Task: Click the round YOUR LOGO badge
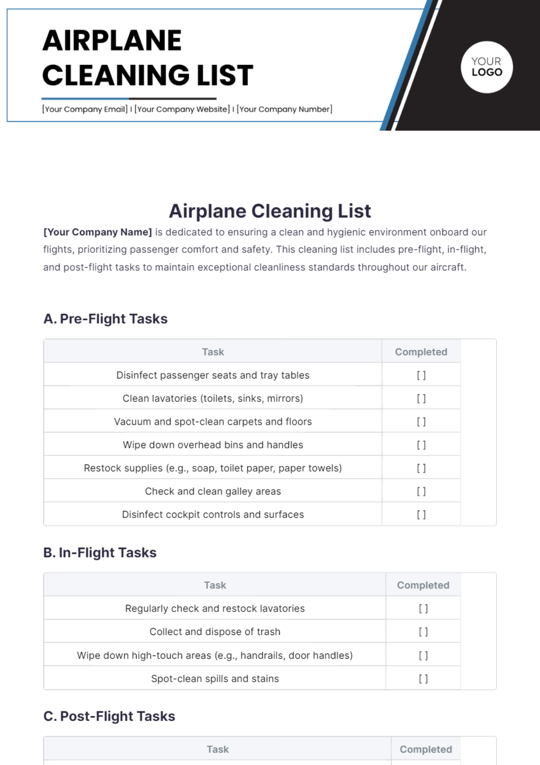(x=486, y=67)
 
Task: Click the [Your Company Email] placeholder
(x=85, y=109)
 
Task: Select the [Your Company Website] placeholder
(x=182, y=109)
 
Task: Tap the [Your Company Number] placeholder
(x=284, y=109)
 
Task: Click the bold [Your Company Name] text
(x=98, y=232)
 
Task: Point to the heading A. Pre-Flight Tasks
(x=105, y=319)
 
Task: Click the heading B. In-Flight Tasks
(x=100, y=553)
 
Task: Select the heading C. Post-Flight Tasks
(x=109, y=716)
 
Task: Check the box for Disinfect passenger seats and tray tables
(x=421, y=375)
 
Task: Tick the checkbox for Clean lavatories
(x=421, y=398)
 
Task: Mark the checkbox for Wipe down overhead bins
(x=421, y=445)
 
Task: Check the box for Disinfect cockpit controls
(x=421, y=514)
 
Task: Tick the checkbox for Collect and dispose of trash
(x=423, y=632)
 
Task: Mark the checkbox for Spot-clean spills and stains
(x=423, y=679)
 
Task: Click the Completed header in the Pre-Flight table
(x=421, y=352)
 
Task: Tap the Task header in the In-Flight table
(x=215, y=585)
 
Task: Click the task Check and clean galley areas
(x=213, y=491)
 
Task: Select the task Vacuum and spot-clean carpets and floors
(x=213, y=422)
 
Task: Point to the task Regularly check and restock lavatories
(x=215, y=608)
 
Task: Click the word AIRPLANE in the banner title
(x=112, y=40)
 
